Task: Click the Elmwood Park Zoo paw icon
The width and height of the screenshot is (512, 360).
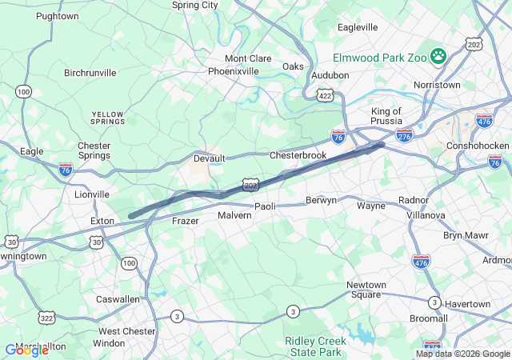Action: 438,56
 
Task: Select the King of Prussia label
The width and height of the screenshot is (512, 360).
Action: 390,117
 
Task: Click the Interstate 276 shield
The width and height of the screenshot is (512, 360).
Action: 405,135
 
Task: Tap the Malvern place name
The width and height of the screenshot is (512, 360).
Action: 234,216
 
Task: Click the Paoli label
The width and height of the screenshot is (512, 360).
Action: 265,206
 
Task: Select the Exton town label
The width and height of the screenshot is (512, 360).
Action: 102,220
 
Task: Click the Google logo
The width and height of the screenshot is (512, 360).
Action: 26,350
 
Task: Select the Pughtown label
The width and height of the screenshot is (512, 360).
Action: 58,16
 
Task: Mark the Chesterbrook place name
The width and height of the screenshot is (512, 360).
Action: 298,154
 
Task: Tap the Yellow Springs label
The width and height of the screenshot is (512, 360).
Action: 108,118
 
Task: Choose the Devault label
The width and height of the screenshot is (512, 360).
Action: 210,158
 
